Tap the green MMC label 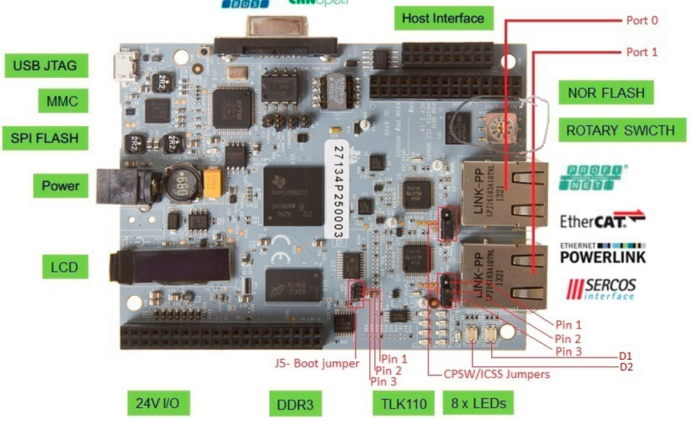(x=62, y=102)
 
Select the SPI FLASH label (x=45, y=137)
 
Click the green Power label (x=61, y=185)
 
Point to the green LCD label (x=64, y=267)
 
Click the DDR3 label (x=294, y=404)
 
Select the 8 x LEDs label (x=478, y=402)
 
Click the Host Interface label (x=443, y=17)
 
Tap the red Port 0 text (x=641, y=20)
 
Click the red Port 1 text (x=641, y=52)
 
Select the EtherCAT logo (x=602, y=218)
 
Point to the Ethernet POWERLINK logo (x=602, y=253)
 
